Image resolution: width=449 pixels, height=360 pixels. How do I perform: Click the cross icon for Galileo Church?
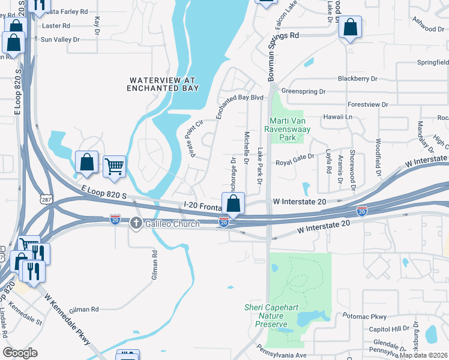[136, 223]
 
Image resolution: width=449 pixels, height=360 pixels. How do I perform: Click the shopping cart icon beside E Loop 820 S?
[114, 167]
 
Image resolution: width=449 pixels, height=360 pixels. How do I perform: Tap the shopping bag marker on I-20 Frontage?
[234, 203]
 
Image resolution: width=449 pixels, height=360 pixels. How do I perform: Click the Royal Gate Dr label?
[295, 163]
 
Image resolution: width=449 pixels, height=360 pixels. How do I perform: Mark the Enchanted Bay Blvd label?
[240, 97]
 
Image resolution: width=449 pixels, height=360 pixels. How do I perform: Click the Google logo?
[20, 353]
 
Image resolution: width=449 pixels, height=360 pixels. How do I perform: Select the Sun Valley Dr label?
[60, 39]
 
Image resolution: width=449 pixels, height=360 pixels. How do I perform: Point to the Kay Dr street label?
[97, 25]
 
